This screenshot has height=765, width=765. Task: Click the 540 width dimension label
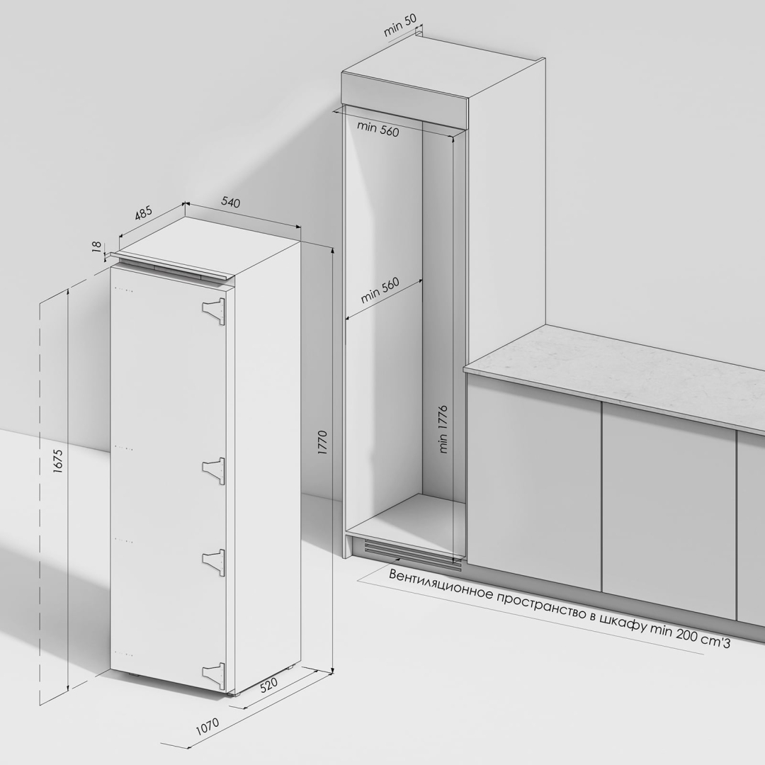[231, 201]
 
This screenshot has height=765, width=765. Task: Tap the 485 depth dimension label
[143, 214]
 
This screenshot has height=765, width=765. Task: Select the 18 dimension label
[96, 246]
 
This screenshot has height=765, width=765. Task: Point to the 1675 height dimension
[57, 461]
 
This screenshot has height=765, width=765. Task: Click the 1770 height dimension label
[322, 443]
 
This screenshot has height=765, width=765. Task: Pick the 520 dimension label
[268, 685]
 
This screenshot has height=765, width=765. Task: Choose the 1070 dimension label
[208, 726]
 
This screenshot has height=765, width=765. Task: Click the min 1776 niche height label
[443, 429]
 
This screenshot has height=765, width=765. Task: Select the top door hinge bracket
[214, 311]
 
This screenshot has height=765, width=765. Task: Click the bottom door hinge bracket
[214, 676]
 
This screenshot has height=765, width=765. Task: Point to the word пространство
[538, 605]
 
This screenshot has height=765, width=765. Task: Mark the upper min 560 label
[378, 129]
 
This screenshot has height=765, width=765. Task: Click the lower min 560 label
[380, 290]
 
